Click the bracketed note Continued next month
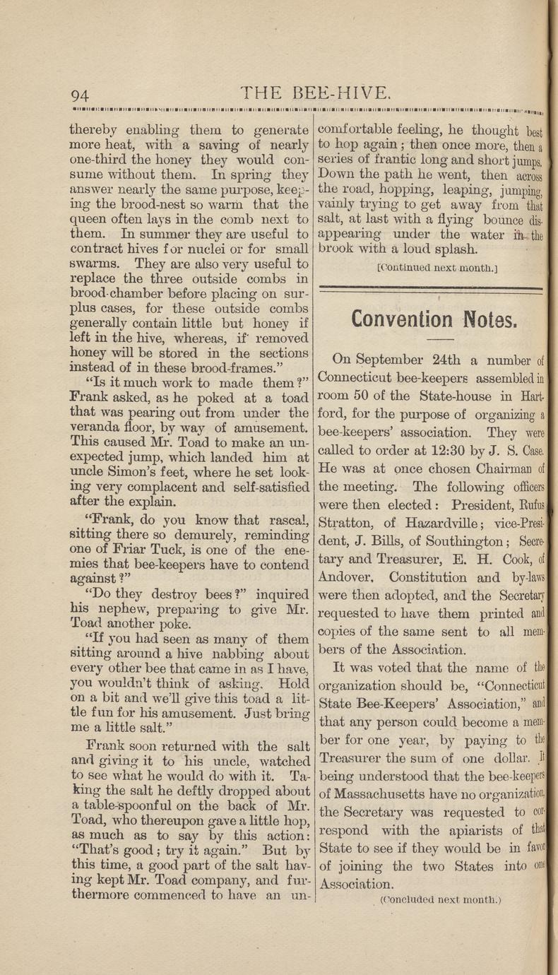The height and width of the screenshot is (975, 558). [430, 269]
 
